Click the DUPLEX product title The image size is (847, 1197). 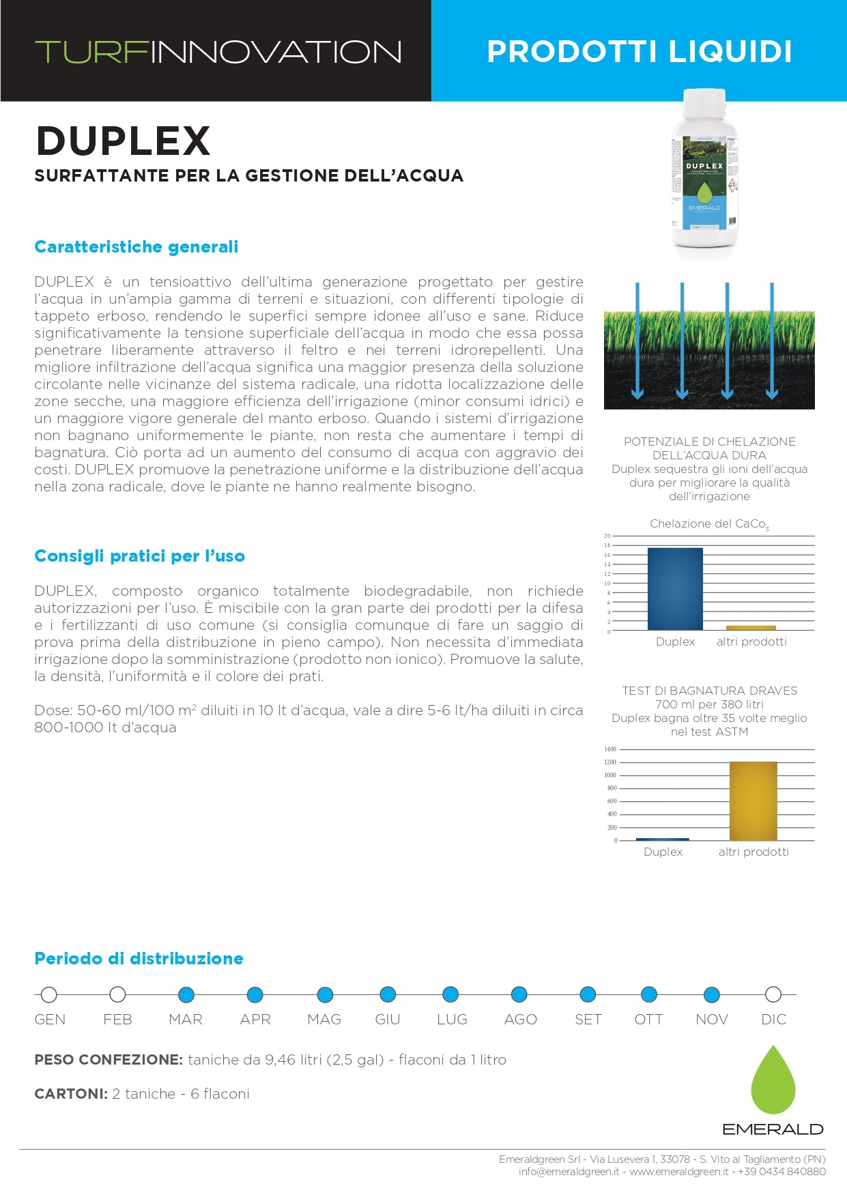pos(123,141)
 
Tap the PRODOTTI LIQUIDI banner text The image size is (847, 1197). pos(639,52)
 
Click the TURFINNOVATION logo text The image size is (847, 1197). pos(218,53)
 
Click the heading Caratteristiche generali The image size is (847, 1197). pos(137,247)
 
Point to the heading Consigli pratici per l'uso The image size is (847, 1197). pos(139,556)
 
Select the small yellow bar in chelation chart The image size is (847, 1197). pos(751,627)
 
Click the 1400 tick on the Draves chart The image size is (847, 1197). pos(609,749)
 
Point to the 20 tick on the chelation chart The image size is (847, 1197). pos(607,536)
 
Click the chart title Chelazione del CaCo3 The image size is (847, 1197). pos(708,524)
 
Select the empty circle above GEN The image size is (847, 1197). pos(48,994)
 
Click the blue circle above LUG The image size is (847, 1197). pos(450,994)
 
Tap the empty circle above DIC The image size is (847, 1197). pos(773,994)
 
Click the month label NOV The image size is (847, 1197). pos(711,1020)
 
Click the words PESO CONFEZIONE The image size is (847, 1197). pos(109,1060)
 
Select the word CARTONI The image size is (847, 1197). pos(70,1094)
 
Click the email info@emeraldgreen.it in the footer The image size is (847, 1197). pos(569,1172)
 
